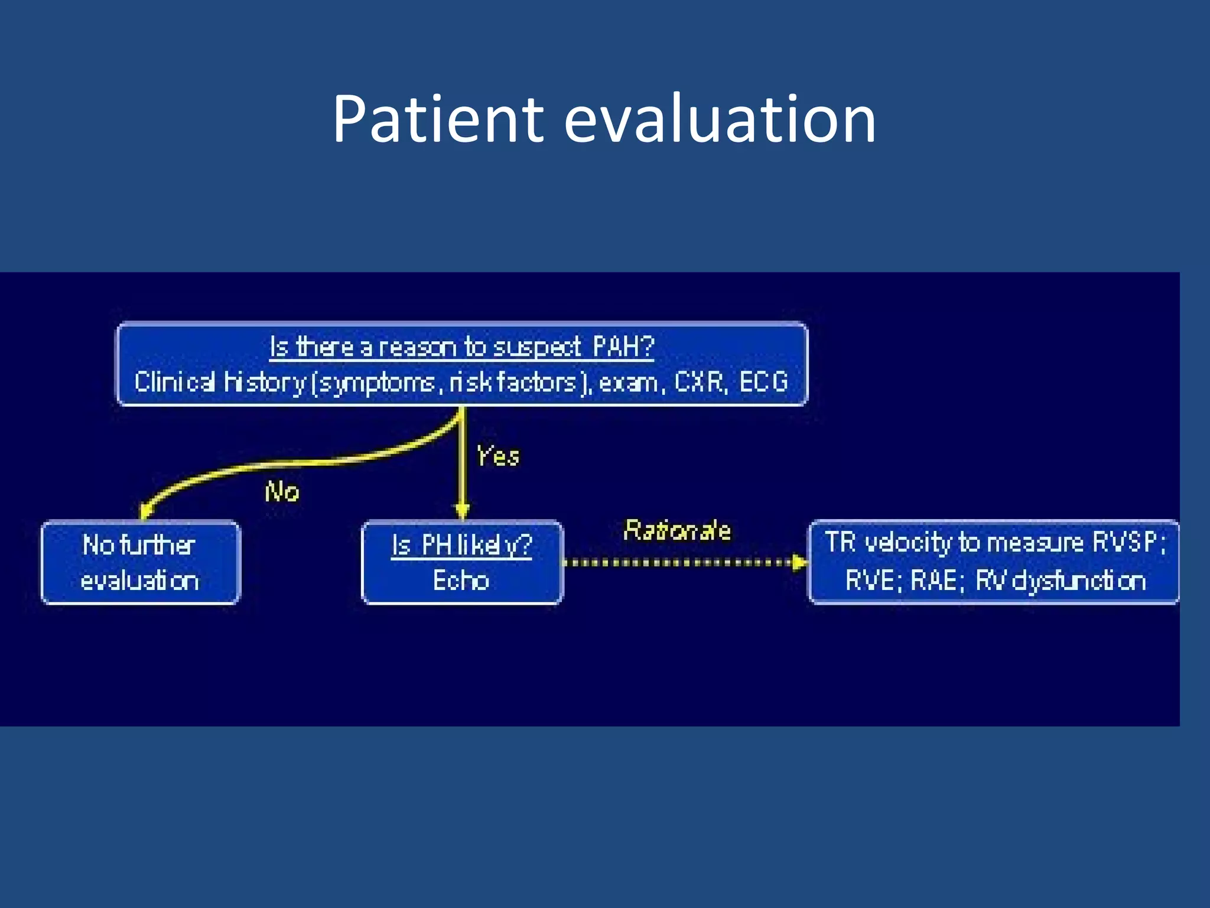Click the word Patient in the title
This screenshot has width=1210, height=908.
437,120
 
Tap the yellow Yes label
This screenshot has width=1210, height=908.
497,456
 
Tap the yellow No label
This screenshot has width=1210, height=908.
282,492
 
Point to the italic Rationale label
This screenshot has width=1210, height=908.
677,530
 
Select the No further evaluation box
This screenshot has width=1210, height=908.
140,562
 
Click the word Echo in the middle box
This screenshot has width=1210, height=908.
461,581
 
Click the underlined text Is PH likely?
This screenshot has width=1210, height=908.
461,545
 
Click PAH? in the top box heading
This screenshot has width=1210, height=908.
623,346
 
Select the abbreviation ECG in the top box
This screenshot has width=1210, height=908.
763,382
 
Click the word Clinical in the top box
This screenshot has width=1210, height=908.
174,382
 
